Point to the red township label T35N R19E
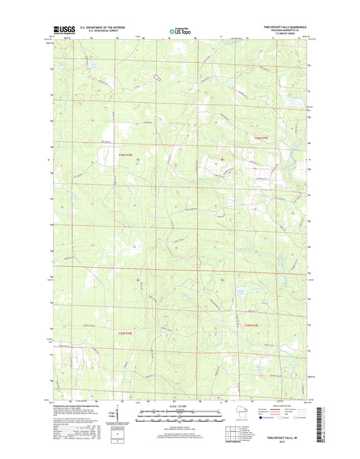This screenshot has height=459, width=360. tap(253, 327)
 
